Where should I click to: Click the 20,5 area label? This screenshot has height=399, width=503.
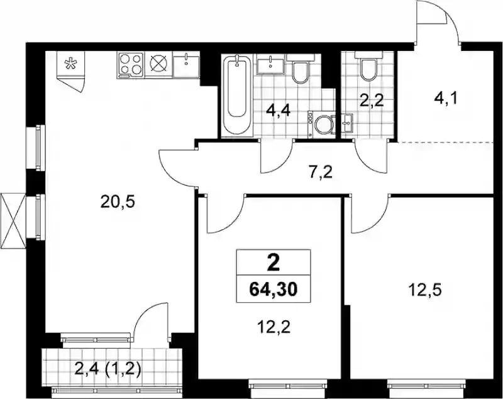coord(118,202)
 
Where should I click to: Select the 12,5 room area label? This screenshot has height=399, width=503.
coord(425,290)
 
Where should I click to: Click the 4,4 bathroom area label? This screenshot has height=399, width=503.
coord(279,111)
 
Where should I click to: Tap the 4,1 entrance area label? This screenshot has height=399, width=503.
coord(445,98)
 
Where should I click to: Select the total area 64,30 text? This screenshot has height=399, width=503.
coord(274,289)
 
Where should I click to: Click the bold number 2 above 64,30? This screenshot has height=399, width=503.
coord(274,264)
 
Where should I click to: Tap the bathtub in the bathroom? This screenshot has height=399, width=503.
coord(237,95)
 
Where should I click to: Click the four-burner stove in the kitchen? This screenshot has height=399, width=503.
coord(131,65)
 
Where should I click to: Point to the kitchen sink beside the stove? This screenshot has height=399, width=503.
coord(186,65)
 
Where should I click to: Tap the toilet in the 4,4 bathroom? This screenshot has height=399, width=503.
coord(301,69)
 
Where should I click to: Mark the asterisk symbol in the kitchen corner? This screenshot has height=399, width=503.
coord(69,64)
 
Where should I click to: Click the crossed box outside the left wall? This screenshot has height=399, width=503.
coord(13,220)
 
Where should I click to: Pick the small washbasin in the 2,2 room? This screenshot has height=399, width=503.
coord(347,123)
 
